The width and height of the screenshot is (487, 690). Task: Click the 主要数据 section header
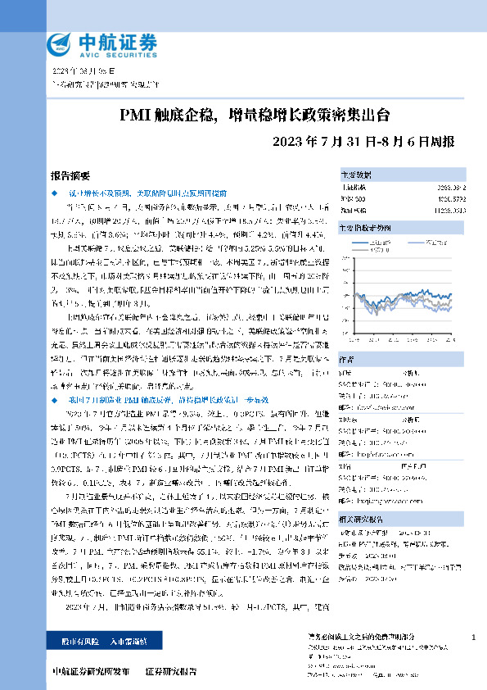click(357, 175)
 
